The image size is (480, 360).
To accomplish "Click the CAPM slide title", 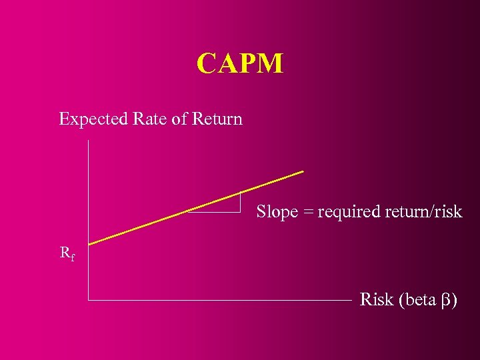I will tap(240, 64).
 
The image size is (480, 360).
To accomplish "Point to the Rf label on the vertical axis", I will tap(67, 253).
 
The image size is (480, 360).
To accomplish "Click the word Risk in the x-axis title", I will tap(377, 300).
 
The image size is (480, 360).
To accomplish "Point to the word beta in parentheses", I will tap(420, 300).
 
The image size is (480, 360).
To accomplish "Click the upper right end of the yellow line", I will tap(303, 171).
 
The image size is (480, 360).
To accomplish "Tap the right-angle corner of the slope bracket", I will tap(240, 211).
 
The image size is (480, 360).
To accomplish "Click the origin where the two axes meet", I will tap(89, 301).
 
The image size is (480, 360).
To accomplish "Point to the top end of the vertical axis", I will tap(89, 141).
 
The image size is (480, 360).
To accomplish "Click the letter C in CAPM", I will tap(206, 64).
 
